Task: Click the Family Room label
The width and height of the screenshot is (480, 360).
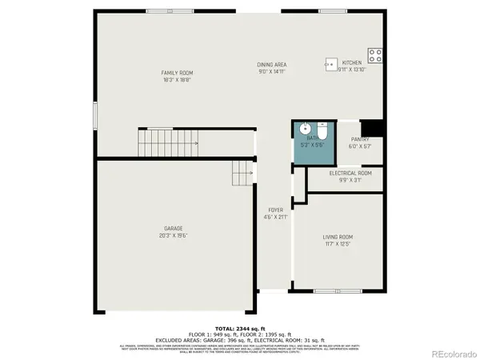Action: point(177,73)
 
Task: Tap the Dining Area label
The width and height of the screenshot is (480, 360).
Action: point(272,65)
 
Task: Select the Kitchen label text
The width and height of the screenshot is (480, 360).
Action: point(352,62)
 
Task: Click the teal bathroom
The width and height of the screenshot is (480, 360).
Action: point(310,142)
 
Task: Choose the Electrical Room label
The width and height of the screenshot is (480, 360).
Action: point(350,173)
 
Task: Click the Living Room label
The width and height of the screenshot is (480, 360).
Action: point(338,237)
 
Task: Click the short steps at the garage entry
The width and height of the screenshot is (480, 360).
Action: point(242,172)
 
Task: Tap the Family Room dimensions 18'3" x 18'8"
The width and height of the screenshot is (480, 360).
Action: point(177,80)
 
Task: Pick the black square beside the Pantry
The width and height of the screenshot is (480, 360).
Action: point(373,128)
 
